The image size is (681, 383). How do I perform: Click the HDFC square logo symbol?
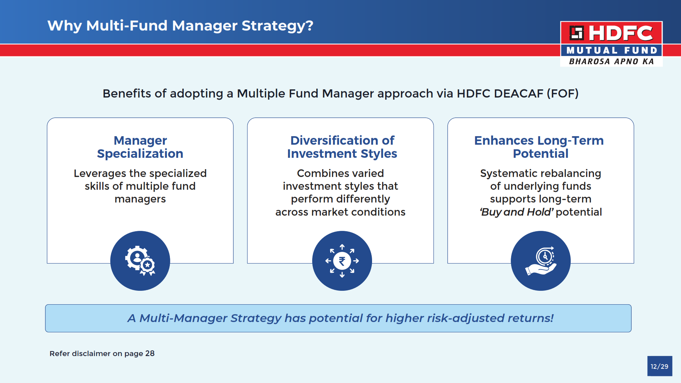577,33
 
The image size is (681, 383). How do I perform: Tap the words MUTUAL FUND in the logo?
612,50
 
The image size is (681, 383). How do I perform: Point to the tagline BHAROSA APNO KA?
611,61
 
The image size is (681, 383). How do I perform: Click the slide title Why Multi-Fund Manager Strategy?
180,26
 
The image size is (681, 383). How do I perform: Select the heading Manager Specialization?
140,147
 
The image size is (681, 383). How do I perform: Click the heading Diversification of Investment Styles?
342,147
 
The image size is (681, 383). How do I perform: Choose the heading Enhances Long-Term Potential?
539,147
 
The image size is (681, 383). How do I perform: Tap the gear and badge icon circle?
140,261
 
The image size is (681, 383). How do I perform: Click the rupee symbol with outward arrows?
342,261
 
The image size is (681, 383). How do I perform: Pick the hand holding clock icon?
541,261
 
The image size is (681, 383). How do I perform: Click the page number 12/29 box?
660,366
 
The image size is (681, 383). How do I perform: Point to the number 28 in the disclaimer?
150,354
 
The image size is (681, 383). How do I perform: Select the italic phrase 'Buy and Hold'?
516,212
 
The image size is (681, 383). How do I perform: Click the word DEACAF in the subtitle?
519,94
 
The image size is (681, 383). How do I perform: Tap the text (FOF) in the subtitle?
563,94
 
